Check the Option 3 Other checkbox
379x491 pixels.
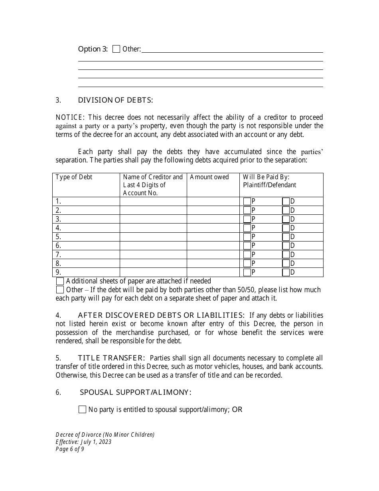116,49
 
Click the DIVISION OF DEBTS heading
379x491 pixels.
115,100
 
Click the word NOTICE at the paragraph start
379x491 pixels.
70,117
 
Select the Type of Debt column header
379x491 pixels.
74,177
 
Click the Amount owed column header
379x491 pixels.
209,177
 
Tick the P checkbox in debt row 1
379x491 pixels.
247,202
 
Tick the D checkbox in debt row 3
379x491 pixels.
286,219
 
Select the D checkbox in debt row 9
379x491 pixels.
286,273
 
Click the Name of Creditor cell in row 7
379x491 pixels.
153,255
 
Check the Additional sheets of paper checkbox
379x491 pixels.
60,281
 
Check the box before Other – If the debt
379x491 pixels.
60,290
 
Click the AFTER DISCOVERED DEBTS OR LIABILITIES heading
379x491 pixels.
160,315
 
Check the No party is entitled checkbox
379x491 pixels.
83,410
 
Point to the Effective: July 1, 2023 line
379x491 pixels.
83,442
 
